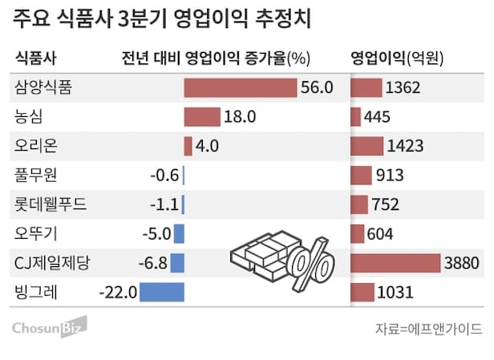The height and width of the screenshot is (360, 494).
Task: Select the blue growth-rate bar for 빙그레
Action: [161, 292]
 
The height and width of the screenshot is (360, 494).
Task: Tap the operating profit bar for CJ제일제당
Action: [395, 263]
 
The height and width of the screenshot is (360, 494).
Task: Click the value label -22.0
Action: [118, 292]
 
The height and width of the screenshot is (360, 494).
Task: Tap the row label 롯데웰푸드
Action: [50, 204]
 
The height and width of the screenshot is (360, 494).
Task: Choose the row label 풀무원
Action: [36, 176]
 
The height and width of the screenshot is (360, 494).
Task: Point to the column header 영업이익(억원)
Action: [398, 59]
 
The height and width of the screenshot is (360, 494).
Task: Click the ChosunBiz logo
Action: [48, 327]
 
